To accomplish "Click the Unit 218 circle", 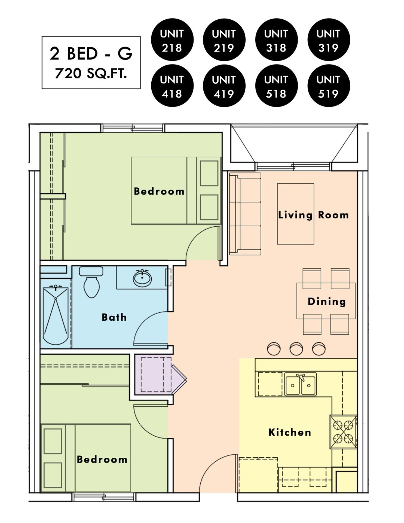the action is click(x=172, y=40).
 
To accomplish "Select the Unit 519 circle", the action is click(x=329, y=86).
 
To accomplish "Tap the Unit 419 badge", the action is click(x=224, y=86).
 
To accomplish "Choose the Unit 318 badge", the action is click(x=276, y=40).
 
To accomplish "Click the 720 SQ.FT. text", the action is click(x=91, y=74).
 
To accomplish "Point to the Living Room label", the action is click(x=313, y=215).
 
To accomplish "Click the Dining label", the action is click(x=327, y=301).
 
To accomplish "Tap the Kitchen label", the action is click(x=290, y=432).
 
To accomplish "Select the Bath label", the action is click(x=114, y=317).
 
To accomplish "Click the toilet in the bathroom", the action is click(x=91, y=282).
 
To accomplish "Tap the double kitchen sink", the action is click(x=301, y=384).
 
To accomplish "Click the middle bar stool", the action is click(x=296, y=349).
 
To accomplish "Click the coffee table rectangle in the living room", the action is click(x=296, y=214).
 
